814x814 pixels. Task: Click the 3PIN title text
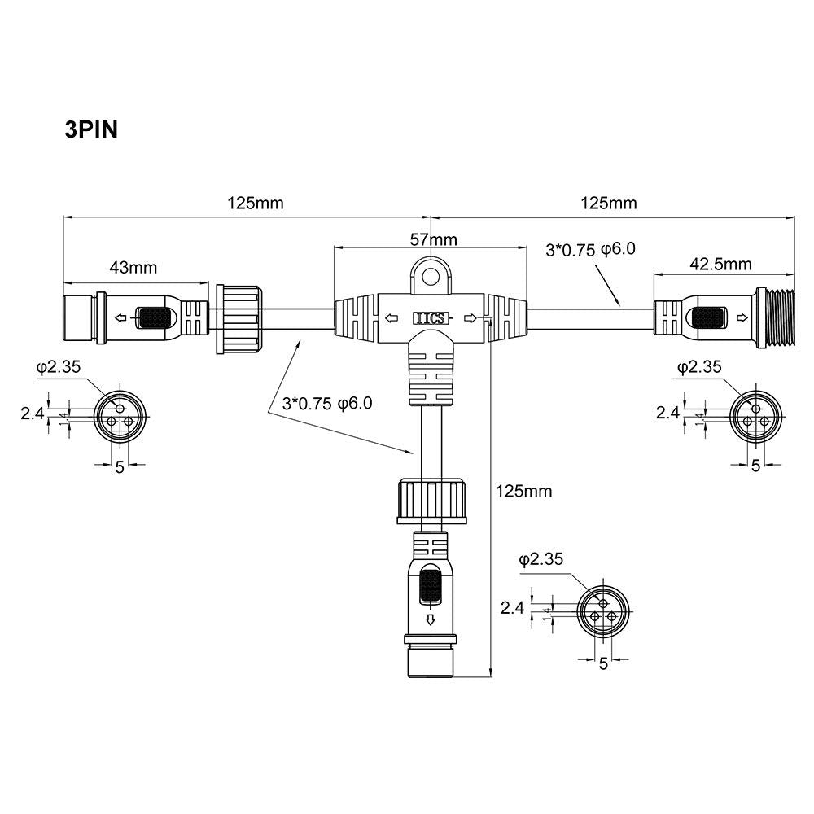(x=91, y=129)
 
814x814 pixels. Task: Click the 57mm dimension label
(x=432, y=239)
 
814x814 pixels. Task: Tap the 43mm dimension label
(x=133, y=267)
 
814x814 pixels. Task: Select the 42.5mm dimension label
(x=720, y=264)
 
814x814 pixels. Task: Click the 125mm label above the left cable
(x=256, y=203)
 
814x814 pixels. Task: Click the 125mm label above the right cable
(x=610, y=203)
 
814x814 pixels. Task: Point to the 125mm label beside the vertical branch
(x=524, y=491)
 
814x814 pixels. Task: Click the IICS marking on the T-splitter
(x=430, y=319)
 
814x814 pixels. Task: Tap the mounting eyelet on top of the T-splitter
(x=429, y=278)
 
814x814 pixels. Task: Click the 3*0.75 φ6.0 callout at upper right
(x=589, y=249)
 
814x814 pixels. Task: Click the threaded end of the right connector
(x=773, y=317)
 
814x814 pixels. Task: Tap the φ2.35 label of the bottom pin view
(x=540, y=559)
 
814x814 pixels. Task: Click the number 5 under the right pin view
(x=755, y=465)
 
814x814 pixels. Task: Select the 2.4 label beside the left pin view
(x=31, y=413)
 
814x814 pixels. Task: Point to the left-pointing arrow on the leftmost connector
(x=121, y=318)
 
